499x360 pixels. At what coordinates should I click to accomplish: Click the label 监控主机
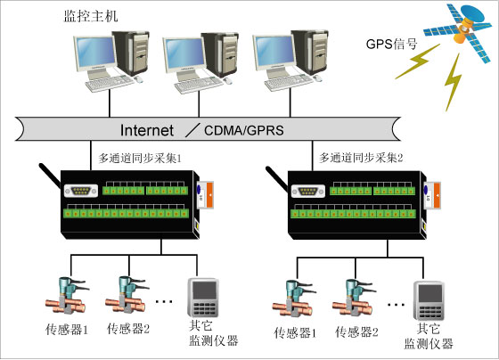(91, 17)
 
